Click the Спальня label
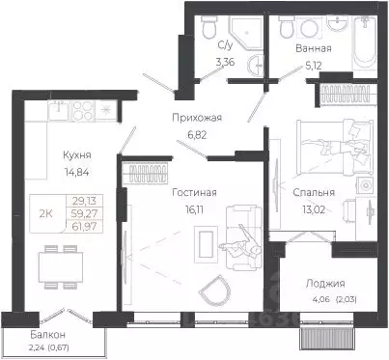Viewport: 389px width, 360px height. pyautogui.click(x=313, y=191)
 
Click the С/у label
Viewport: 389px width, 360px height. pyautogui.click(x=225, y=45)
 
